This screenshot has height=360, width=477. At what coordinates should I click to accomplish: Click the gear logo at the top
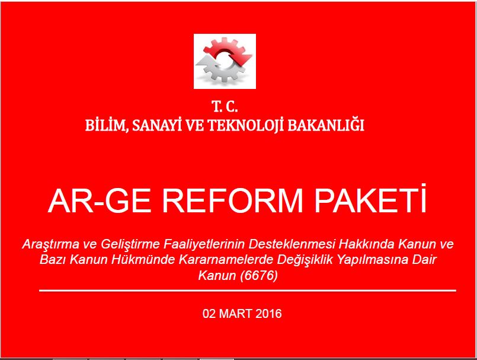225,61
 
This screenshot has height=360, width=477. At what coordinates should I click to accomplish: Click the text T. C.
225,107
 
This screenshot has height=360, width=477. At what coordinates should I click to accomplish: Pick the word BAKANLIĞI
326,125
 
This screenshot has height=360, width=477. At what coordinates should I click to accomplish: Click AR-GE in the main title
100,201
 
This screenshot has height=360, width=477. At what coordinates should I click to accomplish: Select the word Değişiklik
305,260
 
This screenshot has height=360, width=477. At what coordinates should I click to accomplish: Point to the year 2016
268,314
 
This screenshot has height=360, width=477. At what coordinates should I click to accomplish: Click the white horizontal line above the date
248,291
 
